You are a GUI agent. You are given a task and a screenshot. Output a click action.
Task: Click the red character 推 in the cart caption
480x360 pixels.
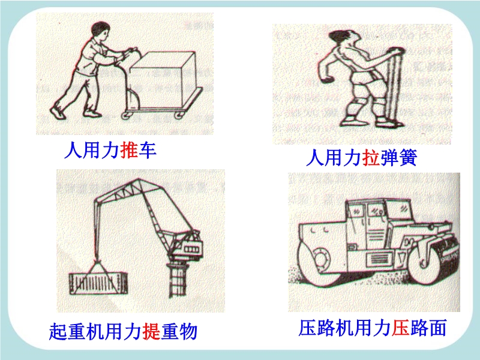click(x=128, y=149)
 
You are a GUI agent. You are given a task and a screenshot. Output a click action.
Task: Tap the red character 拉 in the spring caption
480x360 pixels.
click(x=371, y=157)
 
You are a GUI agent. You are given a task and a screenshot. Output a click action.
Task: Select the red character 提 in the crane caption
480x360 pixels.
click(x=151, y=331)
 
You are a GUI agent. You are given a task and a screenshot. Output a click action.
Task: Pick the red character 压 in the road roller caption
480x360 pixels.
click(x=400, y=328)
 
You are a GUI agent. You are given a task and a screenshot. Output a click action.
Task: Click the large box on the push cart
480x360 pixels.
click(x=163, y=79)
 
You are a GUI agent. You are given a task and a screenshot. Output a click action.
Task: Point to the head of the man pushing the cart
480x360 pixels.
click(x=100, y=31)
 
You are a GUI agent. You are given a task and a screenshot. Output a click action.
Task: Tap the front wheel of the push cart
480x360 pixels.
click(x=179, y=115)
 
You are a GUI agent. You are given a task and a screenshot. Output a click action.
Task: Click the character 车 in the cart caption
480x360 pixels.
click(x=147, y=149)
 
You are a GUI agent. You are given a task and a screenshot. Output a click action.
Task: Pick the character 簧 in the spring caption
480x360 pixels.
click(x=408, y=157)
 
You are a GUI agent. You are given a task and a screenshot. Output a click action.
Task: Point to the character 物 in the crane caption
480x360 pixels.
click(x=188, y=331)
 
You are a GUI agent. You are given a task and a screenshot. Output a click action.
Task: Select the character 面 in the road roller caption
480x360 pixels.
click(x=437, y=328)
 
